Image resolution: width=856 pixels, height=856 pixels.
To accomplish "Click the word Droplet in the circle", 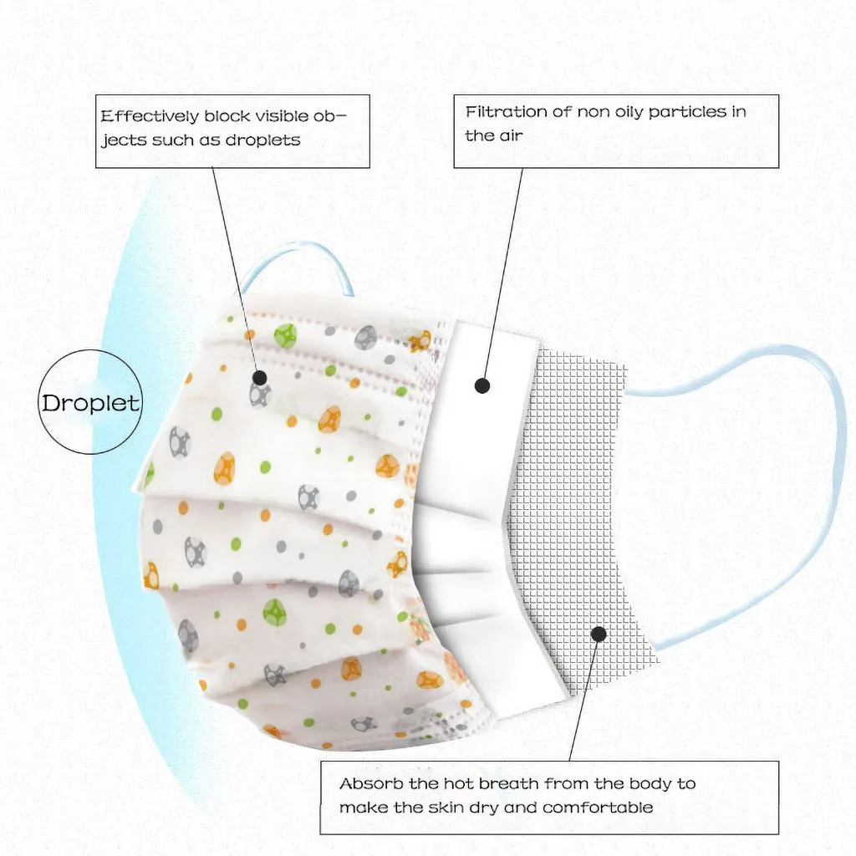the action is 91,403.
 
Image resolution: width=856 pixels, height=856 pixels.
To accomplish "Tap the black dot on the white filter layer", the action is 481,385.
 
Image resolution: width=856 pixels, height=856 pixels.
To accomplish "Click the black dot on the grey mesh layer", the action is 599,634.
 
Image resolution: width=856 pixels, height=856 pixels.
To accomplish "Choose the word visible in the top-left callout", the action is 273,116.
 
